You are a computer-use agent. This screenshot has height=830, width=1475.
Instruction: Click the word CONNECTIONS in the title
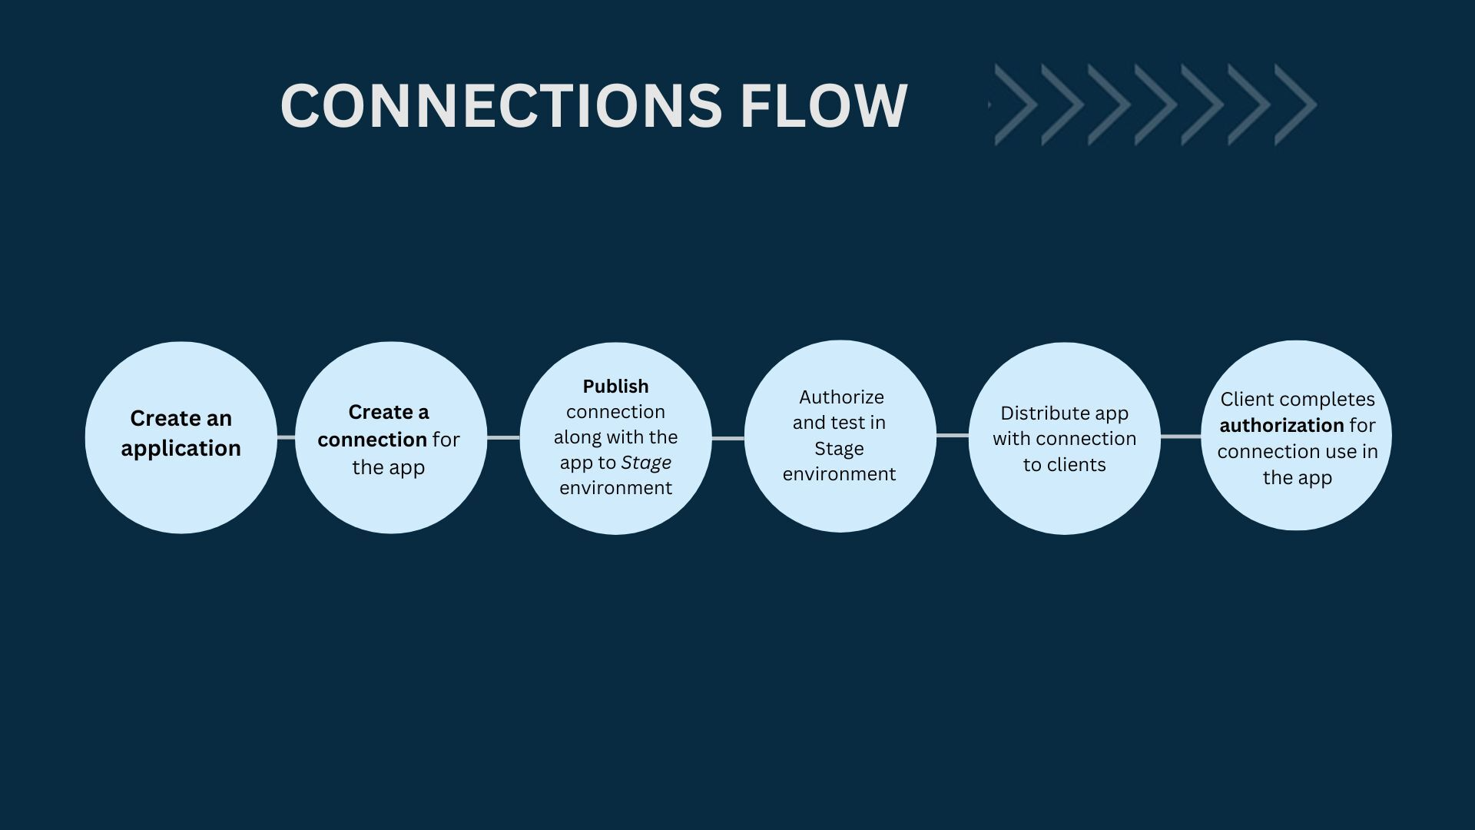point(500,105)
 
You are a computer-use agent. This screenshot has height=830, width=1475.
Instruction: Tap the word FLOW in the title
point(824,105)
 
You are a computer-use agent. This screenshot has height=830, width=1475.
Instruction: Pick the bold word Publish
point(615,387)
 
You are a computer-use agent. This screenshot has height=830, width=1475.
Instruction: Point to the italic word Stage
point(646,463)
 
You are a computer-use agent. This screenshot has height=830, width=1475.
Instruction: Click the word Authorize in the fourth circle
point(841,397)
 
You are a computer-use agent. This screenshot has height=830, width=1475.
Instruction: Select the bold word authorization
point(1281,425)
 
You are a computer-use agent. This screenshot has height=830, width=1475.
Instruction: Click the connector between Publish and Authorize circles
point(728,438)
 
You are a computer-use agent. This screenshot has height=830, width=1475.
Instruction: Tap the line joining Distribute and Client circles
point(1181,437)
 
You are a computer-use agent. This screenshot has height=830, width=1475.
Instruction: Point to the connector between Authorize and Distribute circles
point(953,436)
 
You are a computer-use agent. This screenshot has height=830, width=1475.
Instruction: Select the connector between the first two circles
point(286,437)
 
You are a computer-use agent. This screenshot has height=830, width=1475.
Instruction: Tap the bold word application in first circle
point(181,448)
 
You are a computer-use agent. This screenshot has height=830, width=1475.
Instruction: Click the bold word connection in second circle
point(372,440)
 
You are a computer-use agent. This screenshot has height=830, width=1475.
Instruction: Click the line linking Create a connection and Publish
point(503,437)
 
